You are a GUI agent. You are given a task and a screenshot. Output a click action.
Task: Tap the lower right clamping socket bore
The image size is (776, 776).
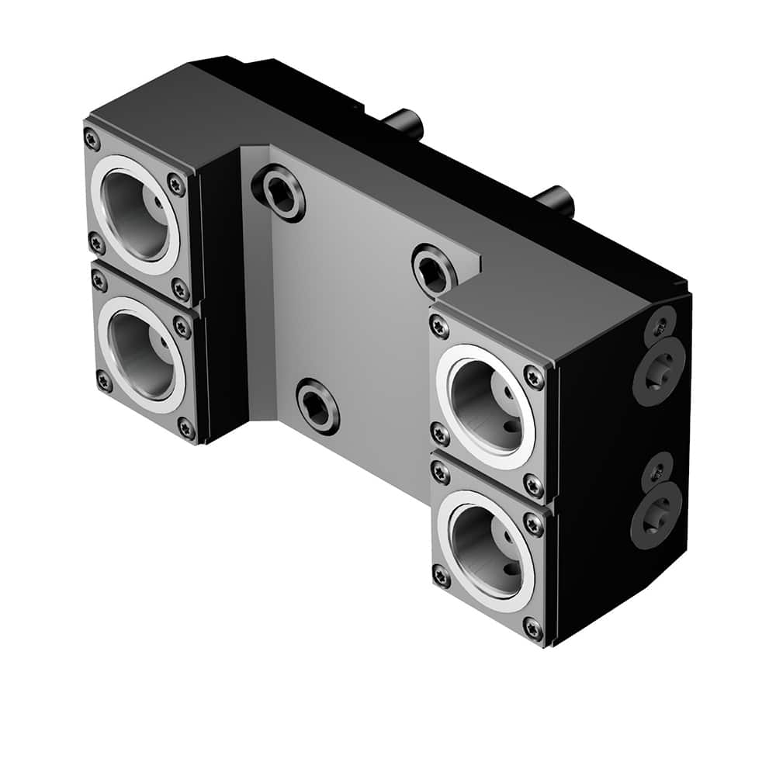(x=486, y=548)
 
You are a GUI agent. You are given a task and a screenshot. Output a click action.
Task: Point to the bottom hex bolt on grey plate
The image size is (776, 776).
(x=317, y=406)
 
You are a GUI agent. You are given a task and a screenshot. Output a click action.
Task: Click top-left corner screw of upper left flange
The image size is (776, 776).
(x=92, y=140)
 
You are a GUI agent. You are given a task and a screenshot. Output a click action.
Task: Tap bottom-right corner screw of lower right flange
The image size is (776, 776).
(x=532, y=626)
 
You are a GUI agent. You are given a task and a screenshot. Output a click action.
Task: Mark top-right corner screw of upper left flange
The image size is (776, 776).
(x=176, y=185)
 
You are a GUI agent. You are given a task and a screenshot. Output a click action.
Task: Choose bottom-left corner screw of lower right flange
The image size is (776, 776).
(x=442, y=577)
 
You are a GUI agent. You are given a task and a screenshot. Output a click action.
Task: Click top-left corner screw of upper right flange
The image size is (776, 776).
(x=439, y=327)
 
